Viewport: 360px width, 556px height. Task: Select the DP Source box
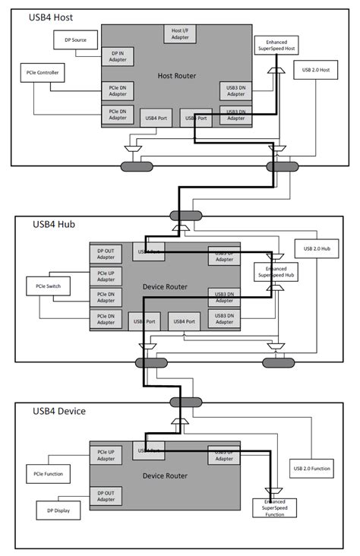point(74,39)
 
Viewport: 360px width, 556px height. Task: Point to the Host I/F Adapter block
point(180,33)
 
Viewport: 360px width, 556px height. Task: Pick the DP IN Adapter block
point(118,55)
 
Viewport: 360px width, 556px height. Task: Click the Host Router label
point(176,76)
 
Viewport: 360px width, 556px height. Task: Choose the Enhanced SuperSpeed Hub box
point(276,272)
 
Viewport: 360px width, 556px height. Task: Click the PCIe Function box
point(48,474)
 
